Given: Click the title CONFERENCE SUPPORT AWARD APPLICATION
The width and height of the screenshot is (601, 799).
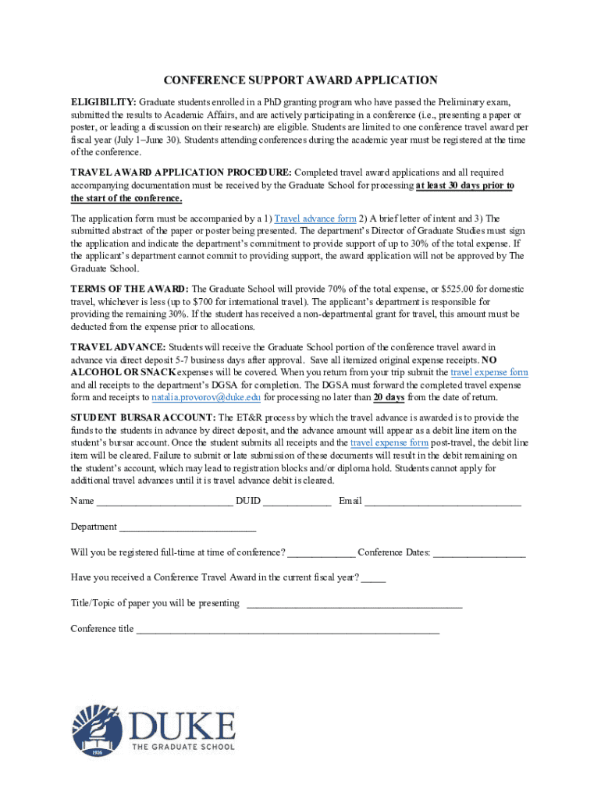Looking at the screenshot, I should pos(300,80).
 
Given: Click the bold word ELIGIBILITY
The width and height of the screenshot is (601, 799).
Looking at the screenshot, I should pos(103,102).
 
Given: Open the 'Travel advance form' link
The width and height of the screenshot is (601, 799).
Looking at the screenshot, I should pos(315,218).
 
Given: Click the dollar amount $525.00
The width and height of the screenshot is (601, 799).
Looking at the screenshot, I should pos(422,289).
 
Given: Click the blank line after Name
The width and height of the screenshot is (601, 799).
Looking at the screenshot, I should pos(165,502).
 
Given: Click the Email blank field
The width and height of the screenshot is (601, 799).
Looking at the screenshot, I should pos(443,502).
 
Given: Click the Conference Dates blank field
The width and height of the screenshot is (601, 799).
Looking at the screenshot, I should pos(479,553).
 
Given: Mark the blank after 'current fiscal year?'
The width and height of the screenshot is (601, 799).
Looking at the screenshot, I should pos(374,578).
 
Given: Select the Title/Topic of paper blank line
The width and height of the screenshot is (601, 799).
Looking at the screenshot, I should pos(354,604).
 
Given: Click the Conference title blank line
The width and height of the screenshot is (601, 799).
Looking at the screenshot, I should pos(288,630).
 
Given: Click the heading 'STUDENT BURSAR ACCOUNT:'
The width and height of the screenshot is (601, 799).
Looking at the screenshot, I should pos(143,419).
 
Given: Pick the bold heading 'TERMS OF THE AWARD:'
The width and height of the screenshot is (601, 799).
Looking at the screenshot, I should pos(130,289).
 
